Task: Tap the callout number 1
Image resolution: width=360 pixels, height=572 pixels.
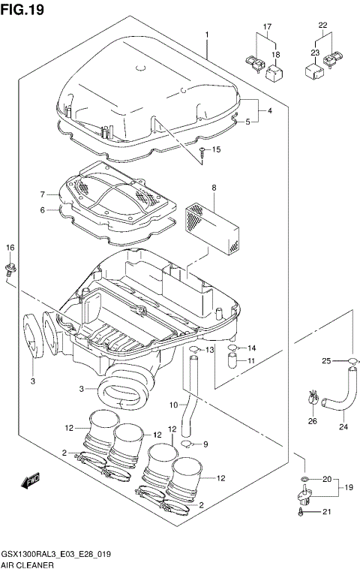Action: pos(207,35)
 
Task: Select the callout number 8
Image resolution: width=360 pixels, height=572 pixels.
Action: pos(214,188)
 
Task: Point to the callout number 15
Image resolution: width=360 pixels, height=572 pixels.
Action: pos(217,150)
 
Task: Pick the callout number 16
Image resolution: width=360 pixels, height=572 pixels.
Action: pos(10,248)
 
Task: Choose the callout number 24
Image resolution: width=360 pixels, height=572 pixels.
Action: pos(343,428)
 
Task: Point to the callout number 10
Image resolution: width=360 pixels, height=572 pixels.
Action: pos(173,406)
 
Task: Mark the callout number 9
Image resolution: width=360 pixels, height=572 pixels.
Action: pos(206,444)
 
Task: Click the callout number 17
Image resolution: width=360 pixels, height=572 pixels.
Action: pos(266,27)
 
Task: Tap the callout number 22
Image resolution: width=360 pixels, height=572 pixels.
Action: pos(323,26)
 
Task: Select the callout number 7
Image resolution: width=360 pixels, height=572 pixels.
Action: pos(43,194)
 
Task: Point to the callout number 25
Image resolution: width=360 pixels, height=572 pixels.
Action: pos(327,362)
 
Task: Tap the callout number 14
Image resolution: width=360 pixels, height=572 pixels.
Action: pos(251,348)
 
